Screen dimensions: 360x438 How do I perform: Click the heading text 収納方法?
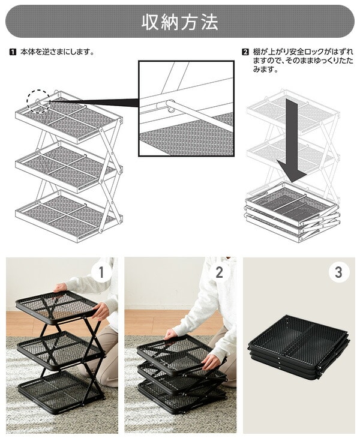point(180,22)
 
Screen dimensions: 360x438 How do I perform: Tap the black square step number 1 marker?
point(13,52)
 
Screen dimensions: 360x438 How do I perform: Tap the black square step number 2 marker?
point(245,52)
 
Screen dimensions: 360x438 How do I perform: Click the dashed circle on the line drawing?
point(38,101)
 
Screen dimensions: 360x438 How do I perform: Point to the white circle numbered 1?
point(101,272)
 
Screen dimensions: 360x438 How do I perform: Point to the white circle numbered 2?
point(219,272)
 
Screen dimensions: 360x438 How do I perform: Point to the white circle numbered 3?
point(338,272)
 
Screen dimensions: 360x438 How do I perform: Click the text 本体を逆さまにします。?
point(57,52)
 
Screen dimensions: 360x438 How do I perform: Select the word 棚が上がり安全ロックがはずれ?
point(303,52)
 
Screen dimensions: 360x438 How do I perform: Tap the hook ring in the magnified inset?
point(170,106)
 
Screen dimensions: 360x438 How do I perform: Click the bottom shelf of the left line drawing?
point(68,214)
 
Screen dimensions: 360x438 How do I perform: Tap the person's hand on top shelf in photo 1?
point(61,287)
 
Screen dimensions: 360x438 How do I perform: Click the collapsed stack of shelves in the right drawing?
point(292,212)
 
